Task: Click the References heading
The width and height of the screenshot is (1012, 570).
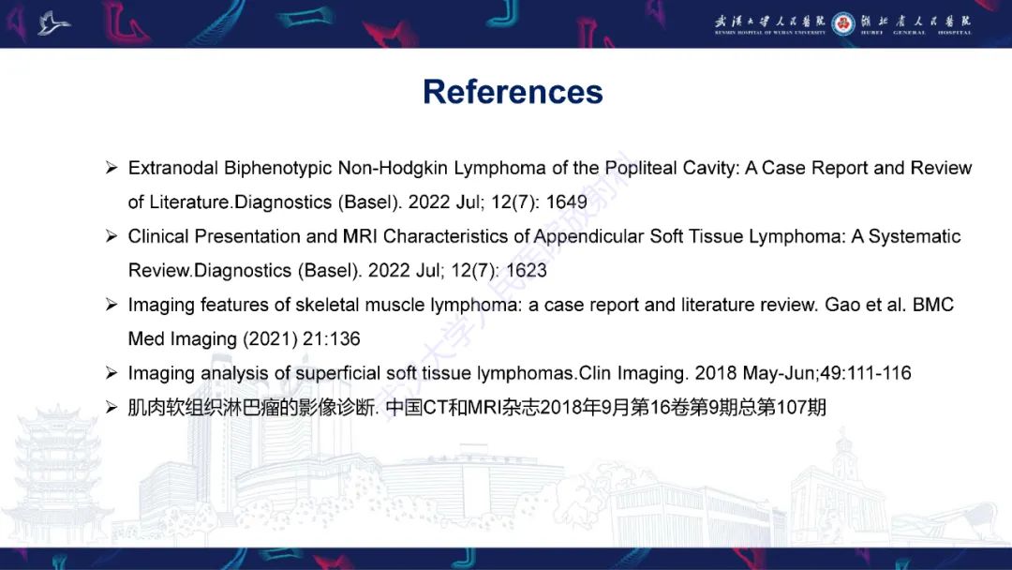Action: point(513,92)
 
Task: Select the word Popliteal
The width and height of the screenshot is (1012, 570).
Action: point(645,169)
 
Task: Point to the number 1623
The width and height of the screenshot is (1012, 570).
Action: point(526,271)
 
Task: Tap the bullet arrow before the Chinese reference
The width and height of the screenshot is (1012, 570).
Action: point(111,408)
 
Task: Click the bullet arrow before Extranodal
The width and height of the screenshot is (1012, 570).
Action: point(111,169)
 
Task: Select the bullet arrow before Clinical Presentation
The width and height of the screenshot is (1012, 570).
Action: point(111,237)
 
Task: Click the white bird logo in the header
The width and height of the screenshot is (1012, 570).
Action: point(53,22)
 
